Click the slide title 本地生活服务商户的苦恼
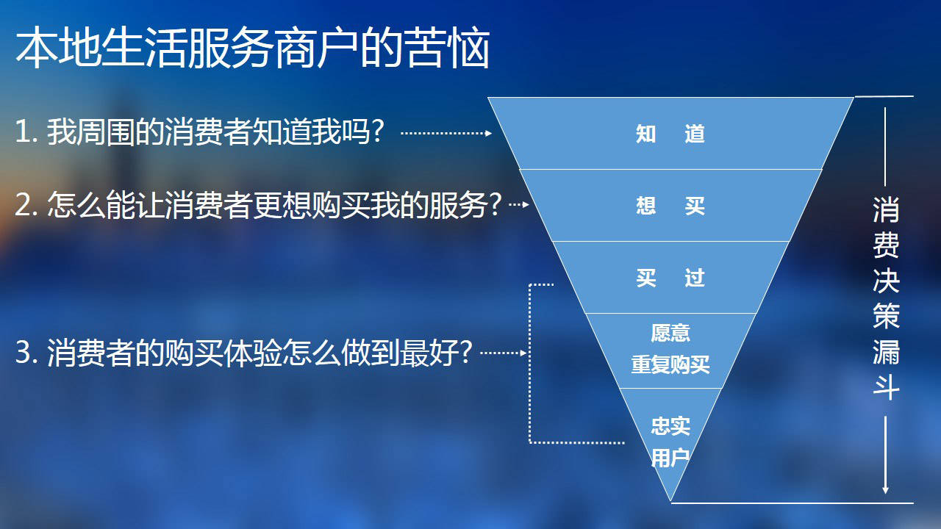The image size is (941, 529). (x=252, y=47)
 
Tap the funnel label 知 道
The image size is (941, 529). (x=670, y=134)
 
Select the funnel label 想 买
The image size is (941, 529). (x=670, y=206)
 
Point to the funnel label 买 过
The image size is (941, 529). (x=670, y=278)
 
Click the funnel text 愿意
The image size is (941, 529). (x=670, y=333)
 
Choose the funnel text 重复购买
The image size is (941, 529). (x=670, y=364)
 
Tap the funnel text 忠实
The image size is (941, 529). (x=670, y=426)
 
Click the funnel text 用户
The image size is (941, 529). (x=670, y=457)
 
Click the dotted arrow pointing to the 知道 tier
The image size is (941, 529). (x=446, y=133)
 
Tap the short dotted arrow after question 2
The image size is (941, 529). (x=519, y=205)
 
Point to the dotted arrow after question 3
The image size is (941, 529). (x=504, y=353)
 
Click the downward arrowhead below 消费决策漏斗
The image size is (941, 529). (x=885, y=490)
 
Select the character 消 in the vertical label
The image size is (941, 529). (x=886, y=209)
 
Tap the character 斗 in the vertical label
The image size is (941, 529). (x=886, y=387)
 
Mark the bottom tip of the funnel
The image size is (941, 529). (x=671, y=501)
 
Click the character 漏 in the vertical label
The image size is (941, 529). (x=886, y=352)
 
